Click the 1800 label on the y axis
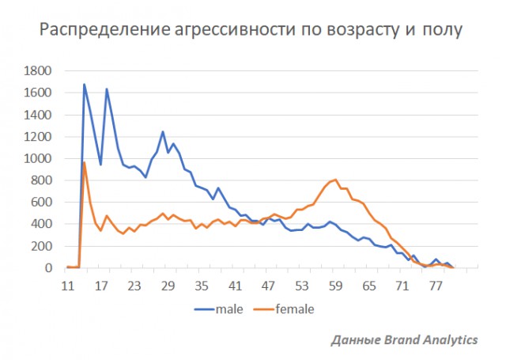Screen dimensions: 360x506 pyautogui.click(x=38, y=71)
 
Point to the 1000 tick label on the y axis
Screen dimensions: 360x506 pyautogui.click(x=38, y=158)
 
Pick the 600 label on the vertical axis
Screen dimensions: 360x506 pyautogui.click(x=42, y=203)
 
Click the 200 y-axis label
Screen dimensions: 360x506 pyautogui.click(x=42, y=246)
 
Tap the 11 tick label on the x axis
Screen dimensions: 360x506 pyautogui.click(x=68, y=287)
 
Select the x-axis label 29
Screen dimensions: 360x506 pyautogui.click(x=168, y=287)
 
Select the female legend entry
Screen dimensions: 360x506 pyautogui.click(x=293, y=309)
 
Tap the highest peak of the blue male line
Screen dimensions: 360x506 pyautogui.click(x=85, y=85)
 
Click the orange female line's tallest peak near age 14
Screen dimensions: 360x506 pyautogui.click(x=85, y=163)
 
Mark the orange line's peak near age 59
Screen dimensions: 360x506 pyautogui.click(x=336, y=180)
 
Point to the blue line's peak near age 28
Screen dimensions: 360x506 pyautogui.click(x=163, y=132)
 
